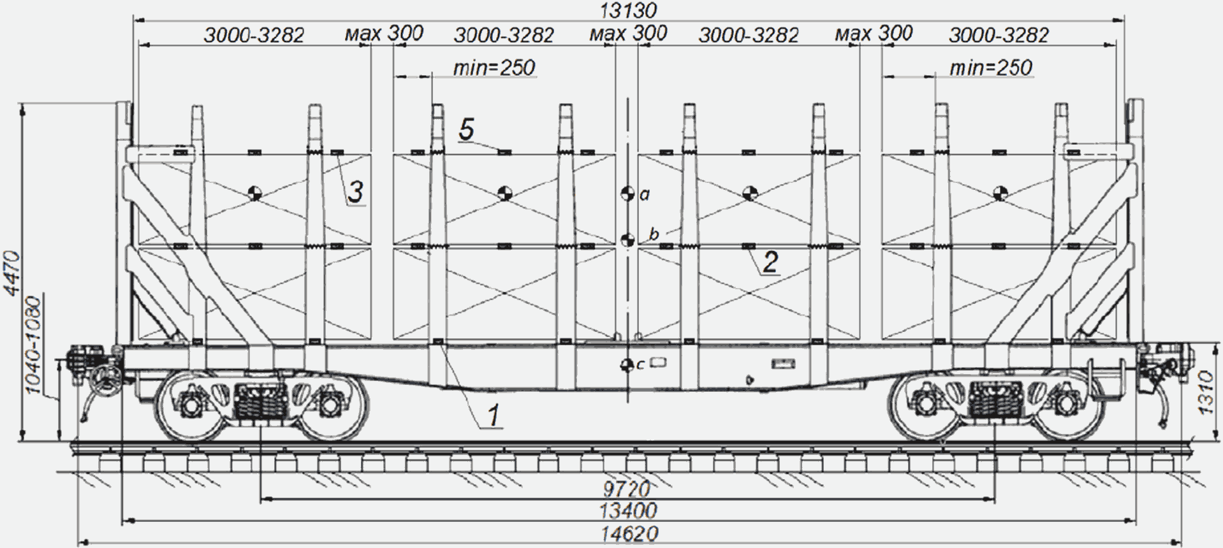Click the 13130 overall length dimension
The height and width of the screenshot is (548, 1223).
(x=628, y=11)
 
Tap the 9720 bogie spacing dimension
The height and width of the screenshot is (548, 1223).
(x=627, y=489)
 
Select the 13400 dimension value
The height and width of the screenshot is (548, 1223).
(x=628, y=510)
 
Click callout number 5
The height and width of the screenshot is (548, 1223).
(x=467, y=129)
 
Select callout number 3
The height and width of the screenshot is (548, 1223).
(x=356, y=191)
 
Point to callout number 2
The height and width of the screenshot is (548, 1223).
(x=770, y=262)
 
